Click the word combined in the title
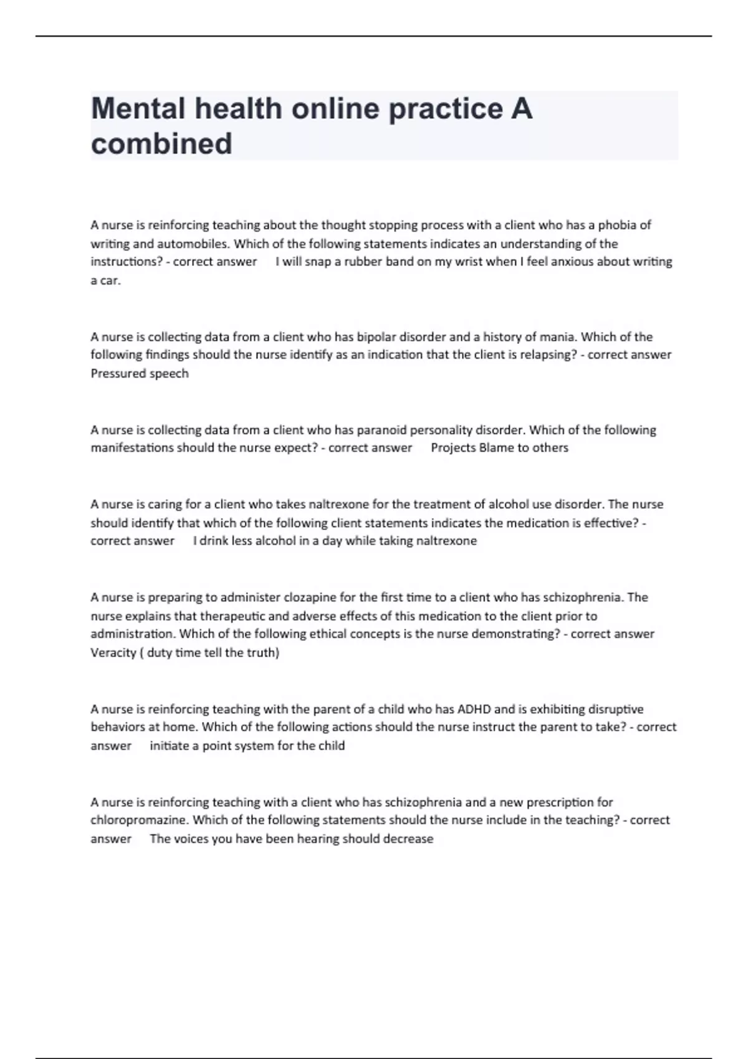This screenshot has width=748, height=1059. click(161, 144)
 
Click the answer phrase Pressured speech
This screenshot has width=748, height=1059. click(140, 374)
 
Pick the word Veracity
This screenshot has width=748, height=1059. click(113, 653)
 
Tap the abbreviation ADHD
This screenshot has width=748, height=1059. click(474, 709)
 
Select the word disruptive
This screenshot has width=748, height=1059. click(614, 709)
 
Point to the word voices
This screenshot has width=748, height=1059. click(191, 839)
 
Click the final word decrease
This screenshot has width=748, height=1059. click(408, 839)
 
